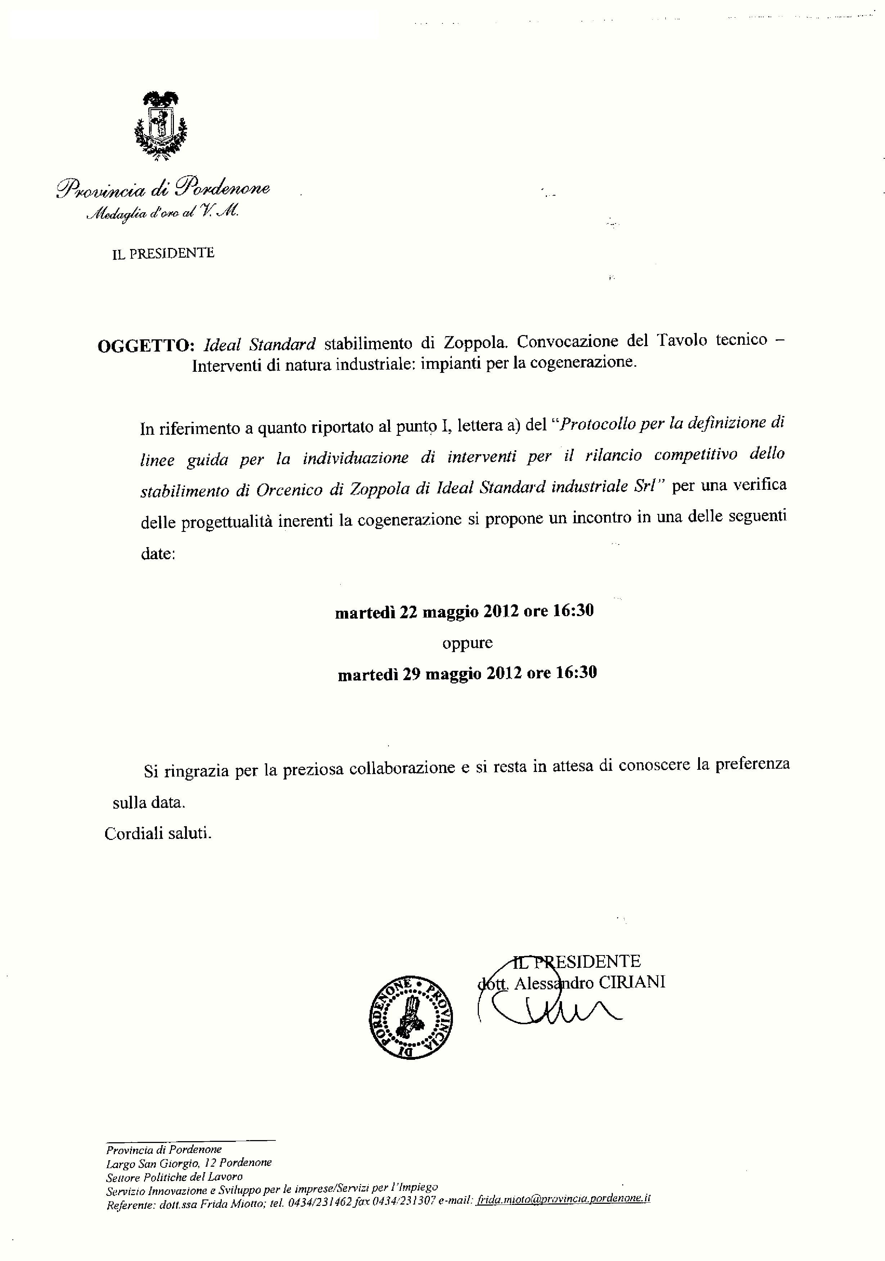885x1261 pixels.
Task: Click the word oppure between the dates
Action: [x=467, y=643]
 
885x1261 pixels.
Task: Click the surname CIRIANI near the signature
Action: [x=632, y=982]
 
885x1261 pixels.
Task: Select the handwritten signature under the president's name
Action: [x=555, y=1009]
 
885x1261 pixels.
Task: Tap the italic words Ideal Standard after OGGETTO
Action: [x=260, y=345]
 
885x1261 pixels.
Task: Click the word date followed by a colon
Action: [x=158, y=553]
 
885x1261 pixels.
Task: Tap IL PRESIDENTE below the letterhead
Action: [x=163, y=254]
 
